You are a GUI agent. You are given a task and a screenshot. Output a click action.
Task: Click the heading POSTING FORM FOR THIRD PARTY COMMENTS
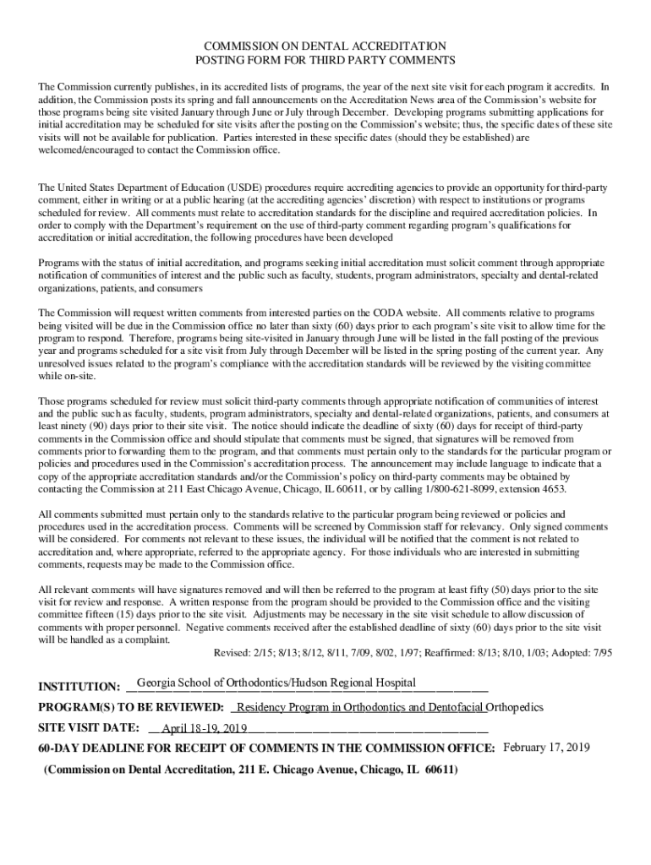[x=325, y=60]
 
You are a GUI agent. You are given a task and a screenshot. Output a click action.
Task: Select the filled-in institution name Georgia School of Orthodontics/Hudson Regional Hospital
[x=276, y=683]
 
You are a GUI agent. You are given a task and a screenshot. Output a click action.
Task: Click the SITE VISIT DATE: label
[x=89, y=727]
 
